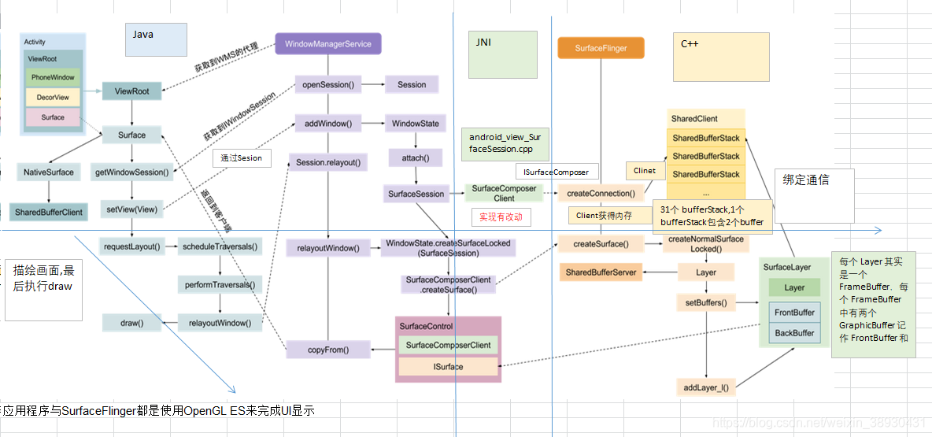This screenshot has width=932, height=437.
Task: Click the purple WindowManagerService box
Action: [x=327, y=44]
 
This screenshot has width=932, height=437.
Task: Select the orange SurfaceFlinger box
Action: [x=601, y=48]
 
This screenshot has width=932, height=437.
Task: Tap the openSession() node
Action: [x=327, y=85]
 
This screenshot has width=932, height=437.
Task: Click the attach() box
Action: [x=416, y=158]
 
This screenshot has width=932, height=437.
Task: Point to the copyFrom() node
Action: [x=328, y=350]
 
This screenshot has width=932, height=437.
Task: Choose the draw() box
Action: [x=131, y=322]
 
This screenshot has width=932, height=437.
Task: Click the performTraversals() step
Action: [x=220, y=284]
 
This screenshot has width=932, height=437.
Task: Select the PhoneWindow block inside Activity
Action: [x=53, y=77]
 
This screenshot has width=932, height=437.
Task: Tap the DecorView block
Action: [x=53, y=98]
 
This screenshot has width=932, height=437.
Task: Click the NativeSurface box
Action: [x=49, y=172]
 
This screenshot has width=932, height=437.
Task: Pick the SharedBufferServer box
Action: [x=601, y=272]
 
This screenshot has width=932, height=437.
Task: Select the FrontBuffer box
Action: [x=794, y=313]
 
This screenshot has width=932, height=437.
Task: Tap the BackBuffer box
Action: [x=794, y=333]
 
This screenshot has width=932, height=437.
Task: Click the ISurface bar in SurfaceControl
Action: [x=448, y=367]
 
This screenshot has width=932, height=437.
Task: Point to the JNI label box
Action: [x=502, y=54]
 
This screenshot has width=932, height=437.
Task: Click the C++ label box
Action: [x=720, y=57]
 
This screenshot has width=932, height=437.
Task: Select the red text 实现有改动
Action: [x=501, y=217]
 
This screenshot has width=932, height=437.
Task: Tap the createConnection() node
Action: [x=601, y=194]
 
